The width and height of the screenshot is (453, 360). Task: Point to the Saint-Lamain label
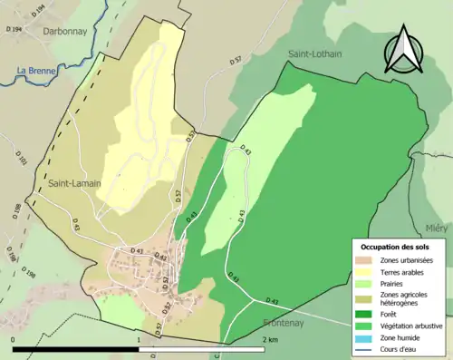(75, 183)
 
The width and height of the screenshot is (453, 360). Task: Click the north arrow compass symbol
(402, 50)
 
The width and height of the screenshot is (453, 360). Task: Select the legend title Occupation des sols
(396, 247)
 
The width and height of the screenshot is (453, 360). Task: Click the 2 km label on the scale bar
(269, 339)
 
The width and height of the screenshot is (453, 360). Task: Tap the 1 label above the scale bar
(139, 339)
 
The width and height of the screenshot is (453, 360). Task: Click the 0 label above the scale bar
(14, 339)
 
